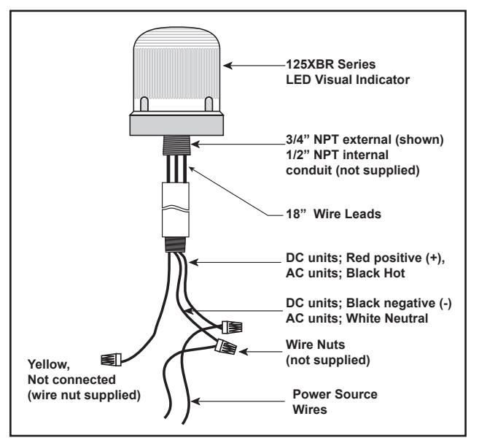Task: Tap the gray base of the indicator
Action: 176,124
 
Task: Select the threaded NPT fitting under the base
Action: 176,145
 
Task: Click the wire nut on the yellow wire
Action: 111,359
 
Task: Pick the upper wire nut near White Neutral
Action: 232,327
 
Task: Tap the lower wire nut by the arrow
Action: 226,347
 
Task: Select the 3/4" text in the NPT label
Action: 297,140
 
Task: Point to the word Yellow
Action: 49,365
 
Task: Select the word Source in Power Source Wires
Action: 357,394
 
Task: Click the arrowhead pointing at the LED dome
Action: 228,66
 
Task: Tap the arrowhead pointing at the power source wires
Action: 195,401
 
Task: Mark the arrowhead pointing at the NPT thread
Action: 195,144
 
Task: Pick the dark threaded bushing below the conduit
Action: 175,245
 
